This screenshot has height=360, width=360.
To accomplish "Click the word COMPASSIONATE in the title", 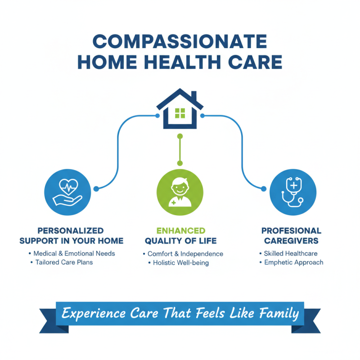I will click(180, 41).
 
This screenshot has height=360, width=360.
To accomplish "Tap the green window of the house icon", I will click(180, 113).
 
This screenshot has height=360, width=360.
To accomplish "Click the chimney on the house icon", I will click(193, 96).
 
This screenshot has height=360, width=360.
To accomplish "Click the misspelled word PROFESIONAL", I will click(292, 231).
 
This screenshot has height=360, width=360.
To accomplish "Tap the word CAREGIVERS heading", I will click(292, 241).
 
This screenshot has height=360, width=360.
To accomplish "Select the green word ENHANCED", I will click(180, 231).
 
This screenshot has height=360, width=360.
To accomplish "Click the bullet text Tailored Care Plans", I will click(64, 262).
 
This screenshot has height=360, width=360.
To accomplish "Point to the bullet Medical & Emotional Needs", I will click(74, 253).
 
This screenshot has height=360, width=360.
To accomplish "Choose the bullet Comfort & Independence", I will click(185, 254).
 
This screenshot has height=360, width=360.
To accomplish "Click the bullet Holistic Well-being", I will click(181, 263).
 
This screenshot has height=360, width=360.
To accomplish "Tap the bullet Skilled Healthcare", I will click(291, 254).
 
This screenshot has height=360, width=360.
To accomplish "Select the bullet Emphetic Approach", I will click(293, 262).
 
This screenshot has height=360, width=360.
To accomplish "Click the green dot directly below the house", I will click(180, 135).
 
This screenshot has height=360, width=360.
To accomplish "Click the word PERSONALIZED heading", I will click(71, 231).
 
